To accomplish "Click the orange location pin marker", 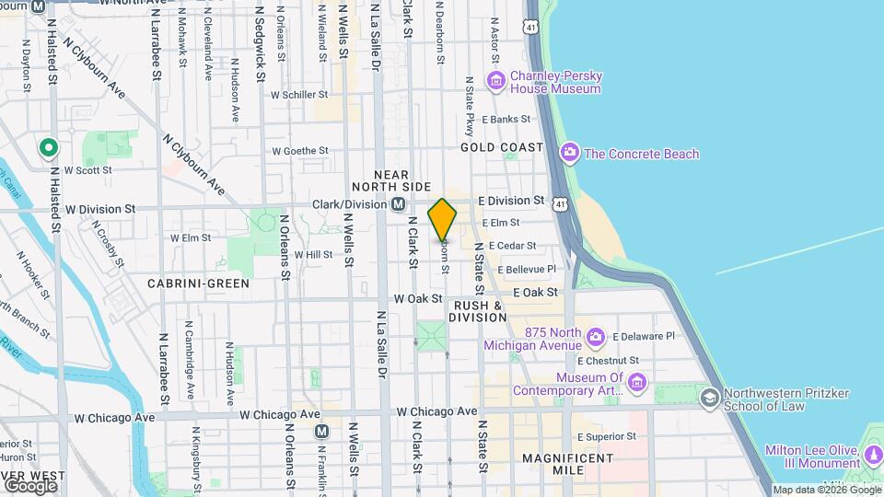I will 442,220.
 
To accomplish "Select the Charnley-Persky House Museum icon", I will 497,82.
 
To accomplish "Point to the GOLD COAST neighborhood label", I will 503,147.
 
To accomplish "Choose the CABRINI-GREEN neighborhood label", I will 199,283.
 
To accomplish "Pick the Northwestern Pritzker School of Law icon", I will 709,398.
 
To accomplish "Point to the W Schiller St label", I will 299,94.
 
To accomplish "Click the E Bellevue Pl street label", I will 527,269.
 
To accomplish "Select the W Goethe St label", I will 300,150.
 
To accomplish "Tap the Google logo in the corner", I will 29,485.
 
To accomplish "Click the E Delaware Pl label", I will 644,337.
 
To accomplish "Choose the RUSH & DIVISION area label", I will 478,311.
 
